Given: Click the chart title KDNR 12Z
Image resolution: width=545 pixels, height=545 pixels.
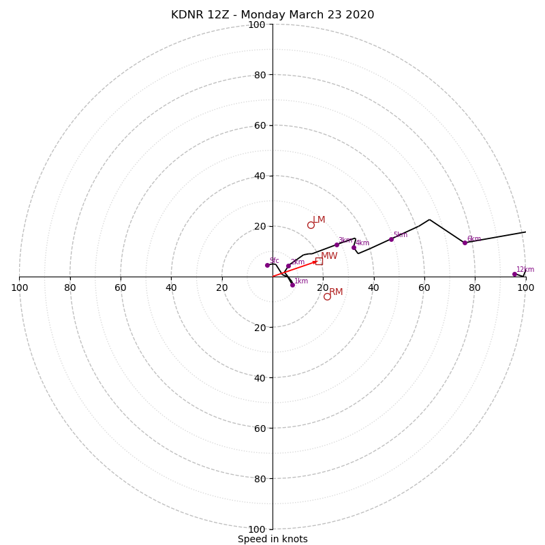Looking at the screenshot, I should coord(272,15).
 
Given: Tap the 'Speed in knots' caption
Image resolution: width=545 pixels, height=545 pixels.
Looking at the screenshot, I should coord(272,539).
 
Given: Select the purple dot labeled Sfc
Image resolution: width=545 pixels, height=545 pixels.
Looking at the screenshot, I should coord(267,265).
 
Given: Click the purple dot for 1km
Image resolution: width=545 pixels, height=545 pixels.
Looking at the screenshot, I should coord(292,285).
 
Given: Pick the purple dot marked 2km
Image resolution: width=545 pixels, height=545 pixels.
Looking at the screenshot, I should coord(288,266).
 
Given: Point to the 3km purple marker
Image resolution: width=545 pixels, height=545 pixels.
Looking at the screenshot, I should coord(337,245).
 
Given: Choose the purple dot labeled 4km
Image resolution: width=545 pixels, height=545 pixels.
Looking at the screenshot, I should coord(354,247).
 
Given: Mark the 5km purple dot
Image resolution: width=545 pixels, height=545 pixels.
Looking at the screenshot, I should coord(391,239).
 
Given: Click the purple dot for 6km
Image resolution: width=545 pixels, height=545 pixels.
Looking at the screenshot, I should coord(465,243).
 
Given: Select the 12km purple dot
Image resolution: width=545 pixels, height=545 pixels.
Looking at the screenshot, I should coord(514,274).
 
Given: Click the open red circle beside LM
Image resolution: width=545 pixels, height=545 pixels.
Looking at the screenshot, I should coord(311,225).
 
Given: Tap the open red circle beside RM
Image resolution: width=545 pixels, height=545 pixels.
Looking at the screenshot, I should coord(327,296).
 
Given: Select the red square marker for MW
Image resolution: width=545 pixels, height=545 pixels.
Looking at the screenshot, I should coord(319,261).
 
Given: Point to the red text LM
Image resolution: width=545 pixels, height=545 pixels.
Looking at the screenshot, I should coord(319,219).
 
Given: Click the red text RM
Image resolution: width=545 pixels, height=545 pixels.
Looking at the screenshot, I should coord(336,292).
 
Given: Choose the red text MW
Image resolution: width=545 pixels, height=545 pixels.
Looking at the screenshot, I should coord(329,256).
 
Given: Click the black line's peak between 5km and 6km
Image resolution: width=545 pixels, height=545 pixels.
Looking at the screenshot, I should coord(429,219).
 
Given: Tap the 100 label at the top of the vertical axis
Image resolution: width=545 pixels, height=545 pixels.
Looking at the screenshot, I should coord(257,25).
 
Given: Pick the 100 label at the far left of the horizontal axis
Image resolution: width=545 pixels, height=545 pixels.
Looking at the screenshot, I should coord(19,287).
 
